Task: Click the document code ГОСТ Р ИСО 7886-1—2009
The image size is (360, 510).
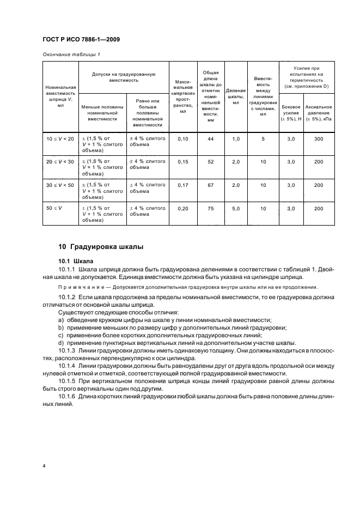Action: tap(81, 39)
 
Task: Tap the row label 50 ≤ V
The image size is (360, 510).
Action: tap(53, 208)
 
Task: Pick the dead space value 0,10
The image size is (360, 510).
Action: tap(182, 139)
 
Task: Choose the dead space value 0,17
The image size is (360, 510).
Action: tap(182, 185)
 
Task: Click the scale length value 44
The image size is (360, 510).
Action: tap(211, 139)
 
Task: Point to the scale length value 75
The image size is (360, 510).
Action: tap(211, 208)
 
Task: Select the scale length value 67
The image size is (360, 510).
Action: tap(211, 185)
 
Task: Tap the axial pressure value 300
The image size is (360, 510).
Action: tap(319, 139)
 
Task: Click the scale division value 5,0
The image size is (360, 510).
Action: tap(236, 208)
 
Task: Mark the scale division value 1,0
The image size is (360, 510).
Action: tap(236, 139)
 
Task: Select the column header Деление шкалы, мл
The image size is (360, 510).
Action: tap(236, 96)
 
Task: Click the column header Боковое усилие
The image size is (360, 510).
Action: tap(290, 111)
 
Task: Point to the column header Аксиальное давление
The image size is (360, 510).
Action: tap(319, 111)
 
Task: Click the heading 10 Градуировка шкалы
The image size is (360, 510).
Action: tap(101, 246)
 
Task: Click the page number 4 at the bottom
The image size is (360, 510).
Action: tap(44, 466)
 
